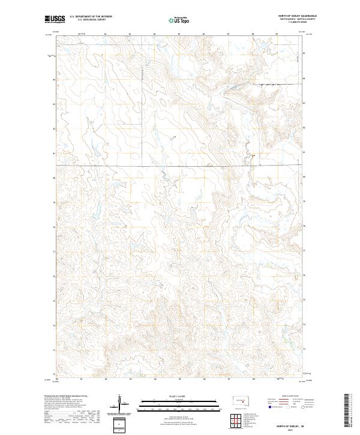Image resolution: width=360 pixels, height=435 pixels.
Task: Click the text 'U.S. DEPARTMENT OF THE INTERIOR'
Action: (91, 16)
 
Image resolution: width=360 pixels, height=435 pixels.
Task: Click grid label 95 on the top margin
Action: (179, 34)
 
